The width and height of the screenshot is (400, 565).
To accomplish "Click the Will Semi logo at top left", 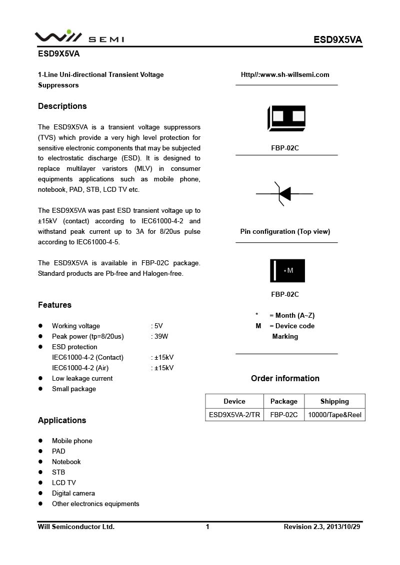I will point(79,37).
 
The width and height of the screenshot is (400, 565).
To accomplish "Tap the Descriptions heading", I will point(62,106).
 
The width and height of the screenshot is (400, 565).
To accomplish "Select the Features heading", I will point(54,305).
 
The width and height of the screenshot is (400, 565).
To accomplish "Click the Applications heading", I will point(62,420).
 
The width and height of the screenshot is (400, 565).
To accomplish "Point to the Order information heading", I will point(285,378).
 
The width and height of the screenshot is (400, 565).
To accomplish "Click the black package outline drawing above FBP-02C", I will point(286,118).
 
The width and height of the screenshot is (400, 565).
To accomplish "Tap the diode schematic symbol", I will point(284,193).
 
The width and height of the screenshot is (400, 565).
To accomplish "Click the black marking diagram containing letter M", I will point(287,271).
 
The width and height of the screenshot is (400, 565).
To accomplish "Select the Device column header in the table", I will point(234,401).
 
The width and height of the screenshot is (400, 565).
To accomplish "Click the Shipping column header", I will point(334,401).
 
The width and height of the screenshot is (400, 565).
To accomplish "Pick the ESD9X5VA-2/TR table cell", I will point(234,415).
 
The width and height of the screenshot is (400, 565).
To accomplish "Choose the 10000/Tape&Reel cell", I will point(334,415).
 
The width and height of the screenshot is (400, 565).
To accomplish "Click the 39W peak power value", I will point(161,336).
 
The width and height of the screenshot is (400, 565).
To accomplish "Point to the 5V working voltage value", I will point(158,326).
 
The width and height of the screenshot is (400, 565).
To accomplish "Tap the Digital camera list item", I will point(73,493).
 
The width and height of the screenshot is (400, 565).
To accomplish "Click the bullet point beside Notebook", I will point(40,462).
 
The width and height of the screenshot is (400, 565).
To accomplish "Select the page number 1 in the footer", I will point(207,527).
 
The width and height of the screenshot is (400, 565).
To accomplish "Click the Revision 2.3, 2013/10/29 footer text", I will point(321,527).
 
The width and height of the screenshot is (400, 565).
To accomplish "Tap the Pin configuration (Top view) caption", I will point(285,231).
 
